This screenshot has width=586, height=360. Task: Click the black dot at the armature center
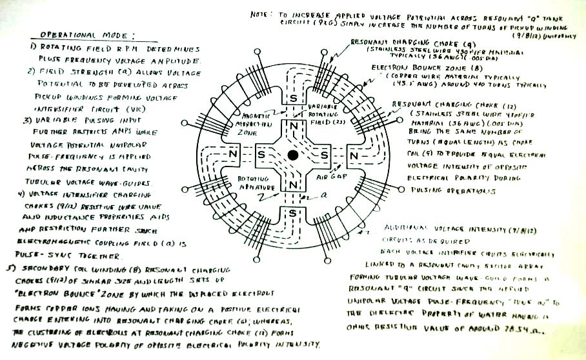tap(292, 155)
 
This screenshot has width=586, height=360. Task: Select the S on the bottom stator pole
tap(293, 212)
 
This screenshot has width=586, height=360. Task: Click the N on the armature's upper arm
tap(293, 125)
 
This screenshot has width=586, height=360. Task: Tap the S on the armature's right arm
tap(323, 155)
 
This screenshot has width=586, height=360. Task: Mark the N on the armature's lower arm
tap(293, 186)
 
